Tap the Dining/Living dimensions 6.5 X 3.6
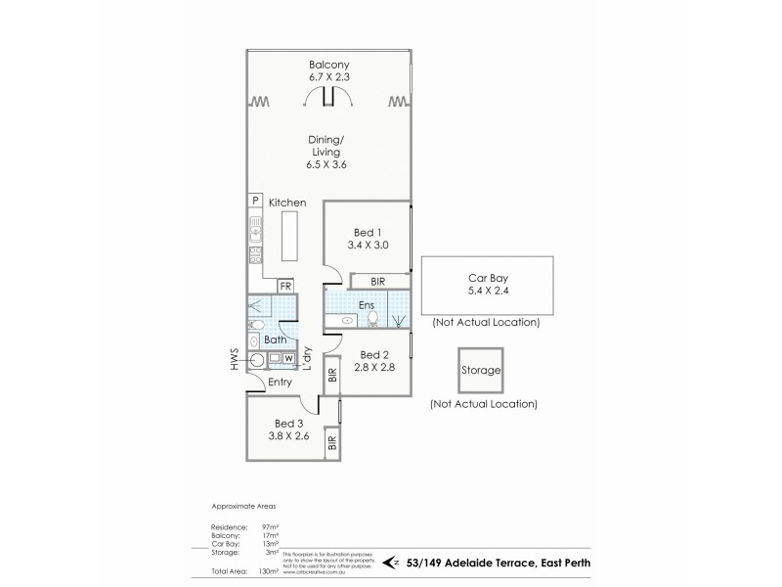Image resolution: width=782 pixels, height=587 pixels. coord(326,165)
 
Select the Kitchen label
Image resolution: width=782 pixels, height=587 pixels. coord(288,203)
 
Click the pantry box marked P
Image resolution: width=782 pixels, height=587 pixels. coord(254,201)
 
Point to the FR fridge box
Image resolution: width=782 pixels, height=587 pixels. coord(285,287)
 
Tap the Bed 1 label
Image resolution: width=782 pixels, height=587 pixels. coord(368,232)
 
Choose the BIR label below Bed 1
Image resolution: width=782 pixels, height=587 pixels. coord(378,282)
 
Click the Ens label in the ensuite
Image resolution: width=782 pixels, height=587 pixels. coord(367,305)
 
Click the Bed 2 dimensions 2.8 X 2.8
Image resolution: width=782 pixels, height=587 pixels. coord(373,369)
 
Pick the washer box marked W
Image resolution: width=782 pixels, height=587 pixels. coord(289,359)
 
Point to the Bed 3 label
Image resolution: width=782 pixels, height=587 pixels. coord(289,424)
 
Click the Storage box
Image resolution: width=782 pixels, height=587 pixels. coord(481,371)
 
